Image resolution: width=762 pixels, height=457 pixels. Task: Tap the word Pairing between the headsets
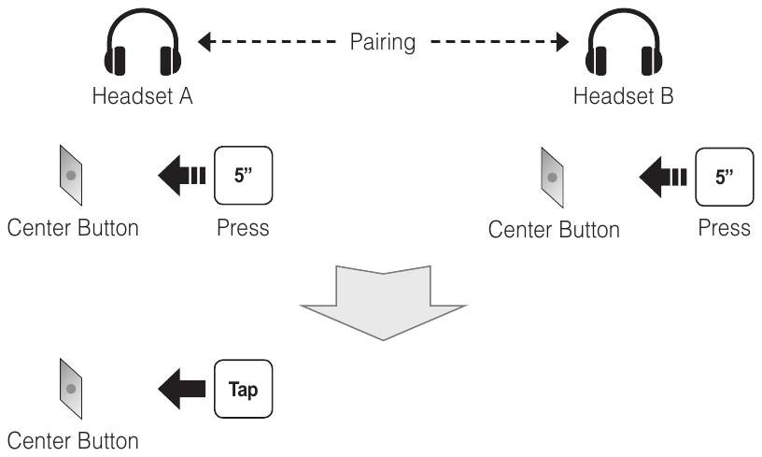(x=383, y=42)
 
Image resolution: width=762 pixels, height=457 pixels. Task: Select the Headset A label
(x=143, y=96)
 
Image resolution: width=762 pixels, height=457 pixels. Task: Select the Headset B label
(x=624, y=96)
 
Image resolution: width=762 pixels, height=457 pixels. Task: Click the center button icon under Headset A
(x=72, y=176)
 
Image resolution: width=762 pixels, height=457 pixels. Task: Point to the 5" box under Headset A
(x=243, y=174)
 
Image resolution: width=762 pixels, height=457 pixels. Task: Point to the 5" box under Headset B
(x=724, y=174)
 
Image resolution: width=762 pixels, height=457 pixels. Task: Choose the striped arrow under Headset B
(x=663, y=175)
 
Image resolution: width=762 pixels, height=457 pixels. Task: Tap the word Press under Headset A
(x=243, y=228)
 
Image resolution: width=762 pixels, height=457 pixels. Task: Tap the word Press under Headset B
(x=724, y=228)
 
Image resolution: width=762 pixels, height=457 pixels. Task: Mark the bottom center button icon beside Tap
(x=72, y=386)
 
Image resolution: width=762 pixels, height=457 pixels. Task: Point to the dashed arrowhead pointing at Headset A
(x=206, y=42)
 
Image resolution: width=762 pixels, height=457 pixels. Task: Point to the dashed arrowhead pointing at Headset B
(x=561, y=42)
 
